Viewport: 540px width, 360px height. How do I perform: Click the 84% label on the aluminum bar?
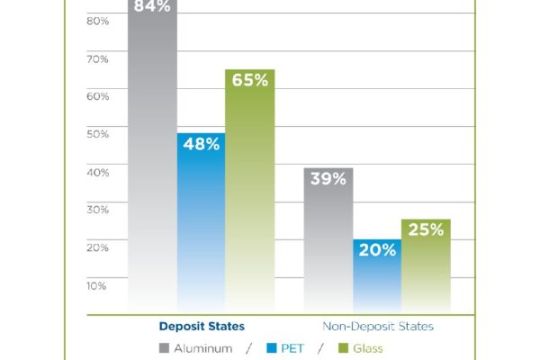(151, 6)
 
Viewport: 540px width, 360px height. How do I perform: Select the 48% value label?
(201, 144)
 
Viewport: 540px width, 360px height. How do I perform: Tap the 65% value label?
(249, 80)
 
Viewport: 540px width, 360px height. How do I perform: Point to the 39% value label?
(328, 179)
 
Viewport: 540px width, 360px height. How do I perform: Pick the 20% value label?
(377, 250)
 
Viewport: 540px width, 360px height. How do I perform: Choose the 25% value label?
(426, 229)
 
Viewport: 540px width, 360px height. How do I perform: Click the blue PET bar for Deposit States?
(201, 234)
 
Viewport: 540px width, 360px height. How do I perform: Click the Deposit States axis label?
(202, 326)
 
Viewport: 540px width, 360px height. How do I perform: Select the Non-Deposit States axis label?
(377, 326)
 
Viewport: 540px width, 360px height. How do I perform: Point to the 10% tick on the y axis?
(96, 286)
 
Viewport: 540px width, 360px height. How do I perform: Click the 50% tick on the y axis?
(96, 134)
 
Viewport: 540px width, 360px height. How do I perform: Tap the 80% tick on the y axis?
(96, 20)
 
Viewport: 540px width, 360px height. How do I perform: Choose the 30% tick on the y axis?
(96, 210)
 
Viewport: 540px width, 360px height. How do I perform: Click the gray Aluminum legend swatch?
(164, 348)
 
